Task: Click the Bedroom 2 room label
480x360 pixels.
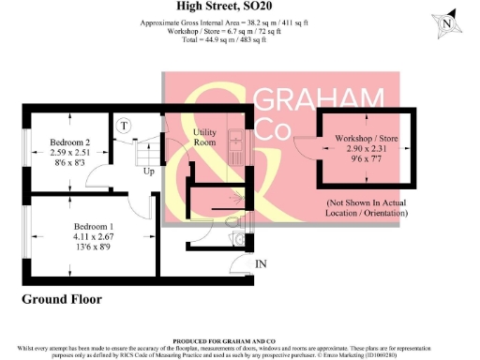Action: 69,142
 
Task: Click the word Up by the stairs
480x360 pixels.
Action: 149,172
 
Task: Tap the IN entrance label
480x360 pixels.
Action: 261,264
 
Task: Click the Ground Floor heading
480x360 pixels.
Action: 62,300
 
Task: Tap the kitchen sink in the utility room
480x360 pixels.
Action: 236,144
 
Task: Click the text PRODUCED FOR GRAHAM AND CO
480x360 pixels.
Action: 240,341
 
